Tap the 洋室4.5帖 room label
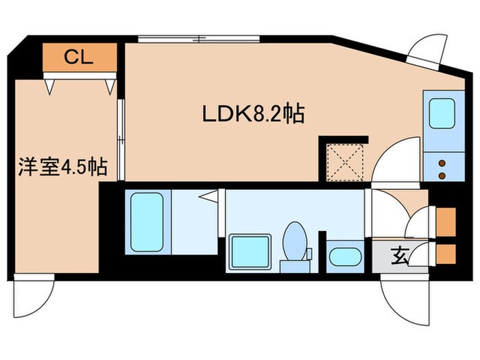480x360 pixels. click(62, 167)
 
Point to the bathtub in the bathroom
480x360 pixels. click(145, 221)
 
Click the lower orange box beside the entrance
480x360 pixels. click(445, 254)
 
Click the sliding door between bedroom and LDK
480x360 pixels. click(121, 140)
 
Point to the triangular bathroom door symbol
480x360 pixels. click(210, 198)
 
